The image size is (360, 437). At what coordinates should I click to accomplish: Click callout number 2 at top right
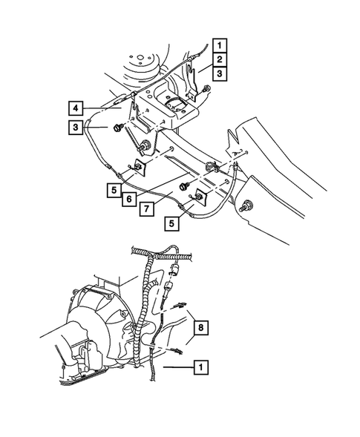pos(220,58)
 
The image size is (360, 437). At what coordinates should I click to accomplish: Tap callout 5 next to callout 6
pos(111,189)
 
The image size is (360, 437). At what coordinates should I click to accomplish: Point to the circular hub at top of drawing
pos(142,64)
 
